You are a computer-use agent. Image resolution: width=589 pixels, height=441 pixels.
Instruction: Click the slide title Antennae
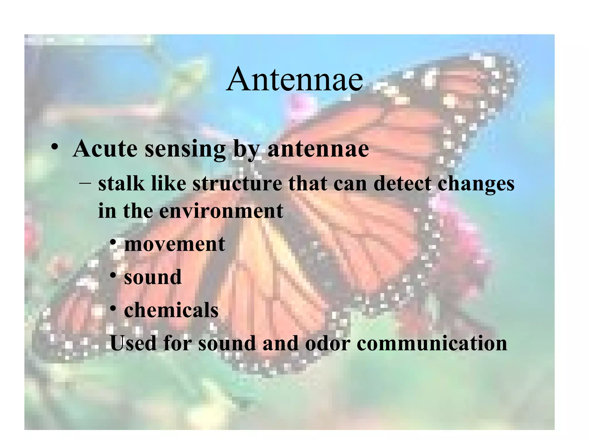pos(294,79)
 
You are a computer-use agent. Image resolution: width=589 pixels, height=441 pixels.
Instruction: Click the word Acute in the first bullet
pos(105,149)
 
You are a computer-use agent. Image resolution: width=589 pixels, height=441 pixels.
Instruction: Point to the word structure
pos(237,184)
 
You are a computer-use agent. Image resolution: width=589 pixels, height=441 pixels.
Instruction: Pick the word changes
pos(476,184)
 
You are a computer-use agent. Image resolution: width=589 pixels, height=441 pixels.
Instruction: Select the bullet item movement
pos(175,244)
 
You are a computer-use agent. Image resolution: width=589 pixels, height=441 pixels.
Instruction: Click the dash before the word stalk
pos(85,183)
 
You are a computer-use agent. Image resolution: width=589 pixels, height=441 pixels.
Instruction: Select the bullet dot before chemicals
pos(113,308)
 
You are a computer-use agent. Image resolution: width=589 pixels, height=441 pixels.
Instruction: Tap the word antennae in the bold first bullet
pos(318,149)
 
